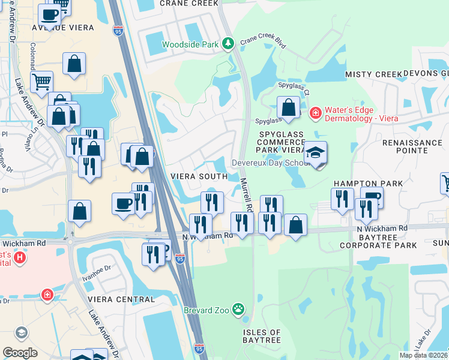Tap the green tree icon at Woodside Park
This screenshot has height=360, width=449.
(228, 43)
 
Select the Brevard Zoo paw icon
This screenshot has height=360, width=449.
(238, 310)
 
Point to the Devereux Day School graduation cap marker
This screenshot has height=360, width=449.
(315, 154)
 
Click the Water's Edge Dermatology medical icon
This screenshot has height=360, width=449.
(315, 113)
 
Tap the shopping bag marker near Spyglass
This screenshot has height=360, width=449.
(289, 108)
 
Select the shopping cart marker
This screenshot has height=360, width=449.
(41, 82)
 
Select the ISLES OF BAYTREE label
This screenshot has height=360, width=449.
(262, 336)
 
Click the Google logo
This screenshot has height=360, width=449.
(20, 353)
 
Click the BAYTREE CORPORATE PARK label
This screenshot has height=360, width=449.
(378, 241)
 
